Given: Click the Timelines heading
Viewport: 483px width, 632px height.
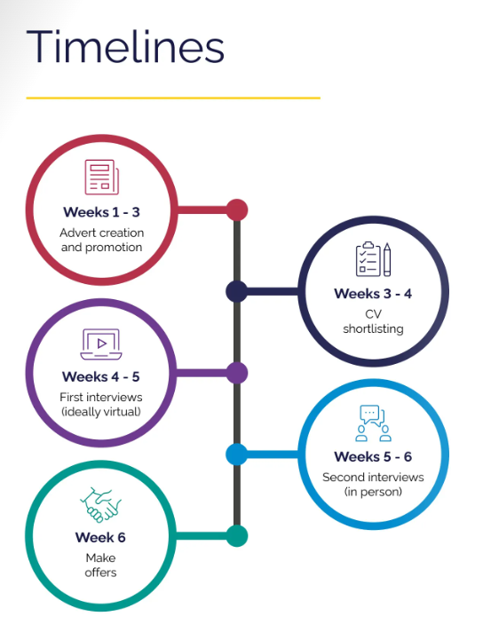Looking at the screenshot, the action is [125, 47].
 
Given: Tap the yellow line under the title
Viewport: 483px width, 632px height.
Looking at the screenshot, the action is [173, 98].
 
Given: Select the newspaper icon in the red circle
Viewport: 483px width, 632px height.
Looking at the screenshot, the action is [101, 177].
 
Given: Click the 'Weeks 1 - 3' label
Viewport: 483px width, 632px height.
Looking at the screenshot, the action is [101, 212].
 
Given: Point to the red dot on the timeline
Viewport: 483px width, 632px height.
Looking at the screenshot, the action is [237, 210].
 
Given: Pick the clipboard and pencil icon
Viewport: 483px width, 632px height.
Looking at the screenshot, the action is [373, 259].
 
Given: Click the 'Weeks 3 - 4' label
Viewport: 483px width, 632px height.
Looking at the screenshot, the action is [373, 294].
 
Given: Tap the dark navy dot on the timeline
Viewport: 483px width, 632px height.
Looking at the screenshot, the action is [237, 291].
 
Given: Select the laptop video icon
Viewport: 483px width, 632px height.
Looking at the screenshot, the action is [101, 344].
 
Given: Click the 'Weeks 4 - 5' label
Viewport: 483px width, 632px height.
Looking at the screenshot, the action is [101, 376].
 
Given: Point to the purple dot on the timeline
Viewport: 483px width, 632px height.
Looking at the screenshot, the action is [237, 373].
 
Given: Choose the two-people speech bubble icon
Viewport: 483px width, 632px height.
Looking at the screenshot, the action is [373, 423].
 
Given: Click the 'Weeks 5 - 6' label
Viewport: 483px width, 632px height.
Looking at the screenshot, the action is [373, 456].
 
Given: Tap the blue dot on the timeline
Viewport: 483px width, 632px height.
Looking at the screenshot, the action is [237, 454].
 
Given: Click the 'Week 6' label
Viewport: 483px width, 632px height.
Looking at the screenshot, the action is [100, 537].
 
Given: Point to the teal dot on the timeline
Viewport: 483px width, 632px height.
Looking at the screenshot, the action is [237, 536].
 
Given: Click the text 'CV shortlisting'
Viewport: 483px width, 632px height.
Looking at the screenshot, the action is [373, 321].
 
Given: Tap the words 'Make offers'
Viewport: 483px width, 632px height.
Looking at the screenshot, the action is [101, 565].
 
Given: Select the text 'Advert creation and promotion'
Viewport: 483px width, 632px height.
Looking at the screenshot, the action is [101, 240].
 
